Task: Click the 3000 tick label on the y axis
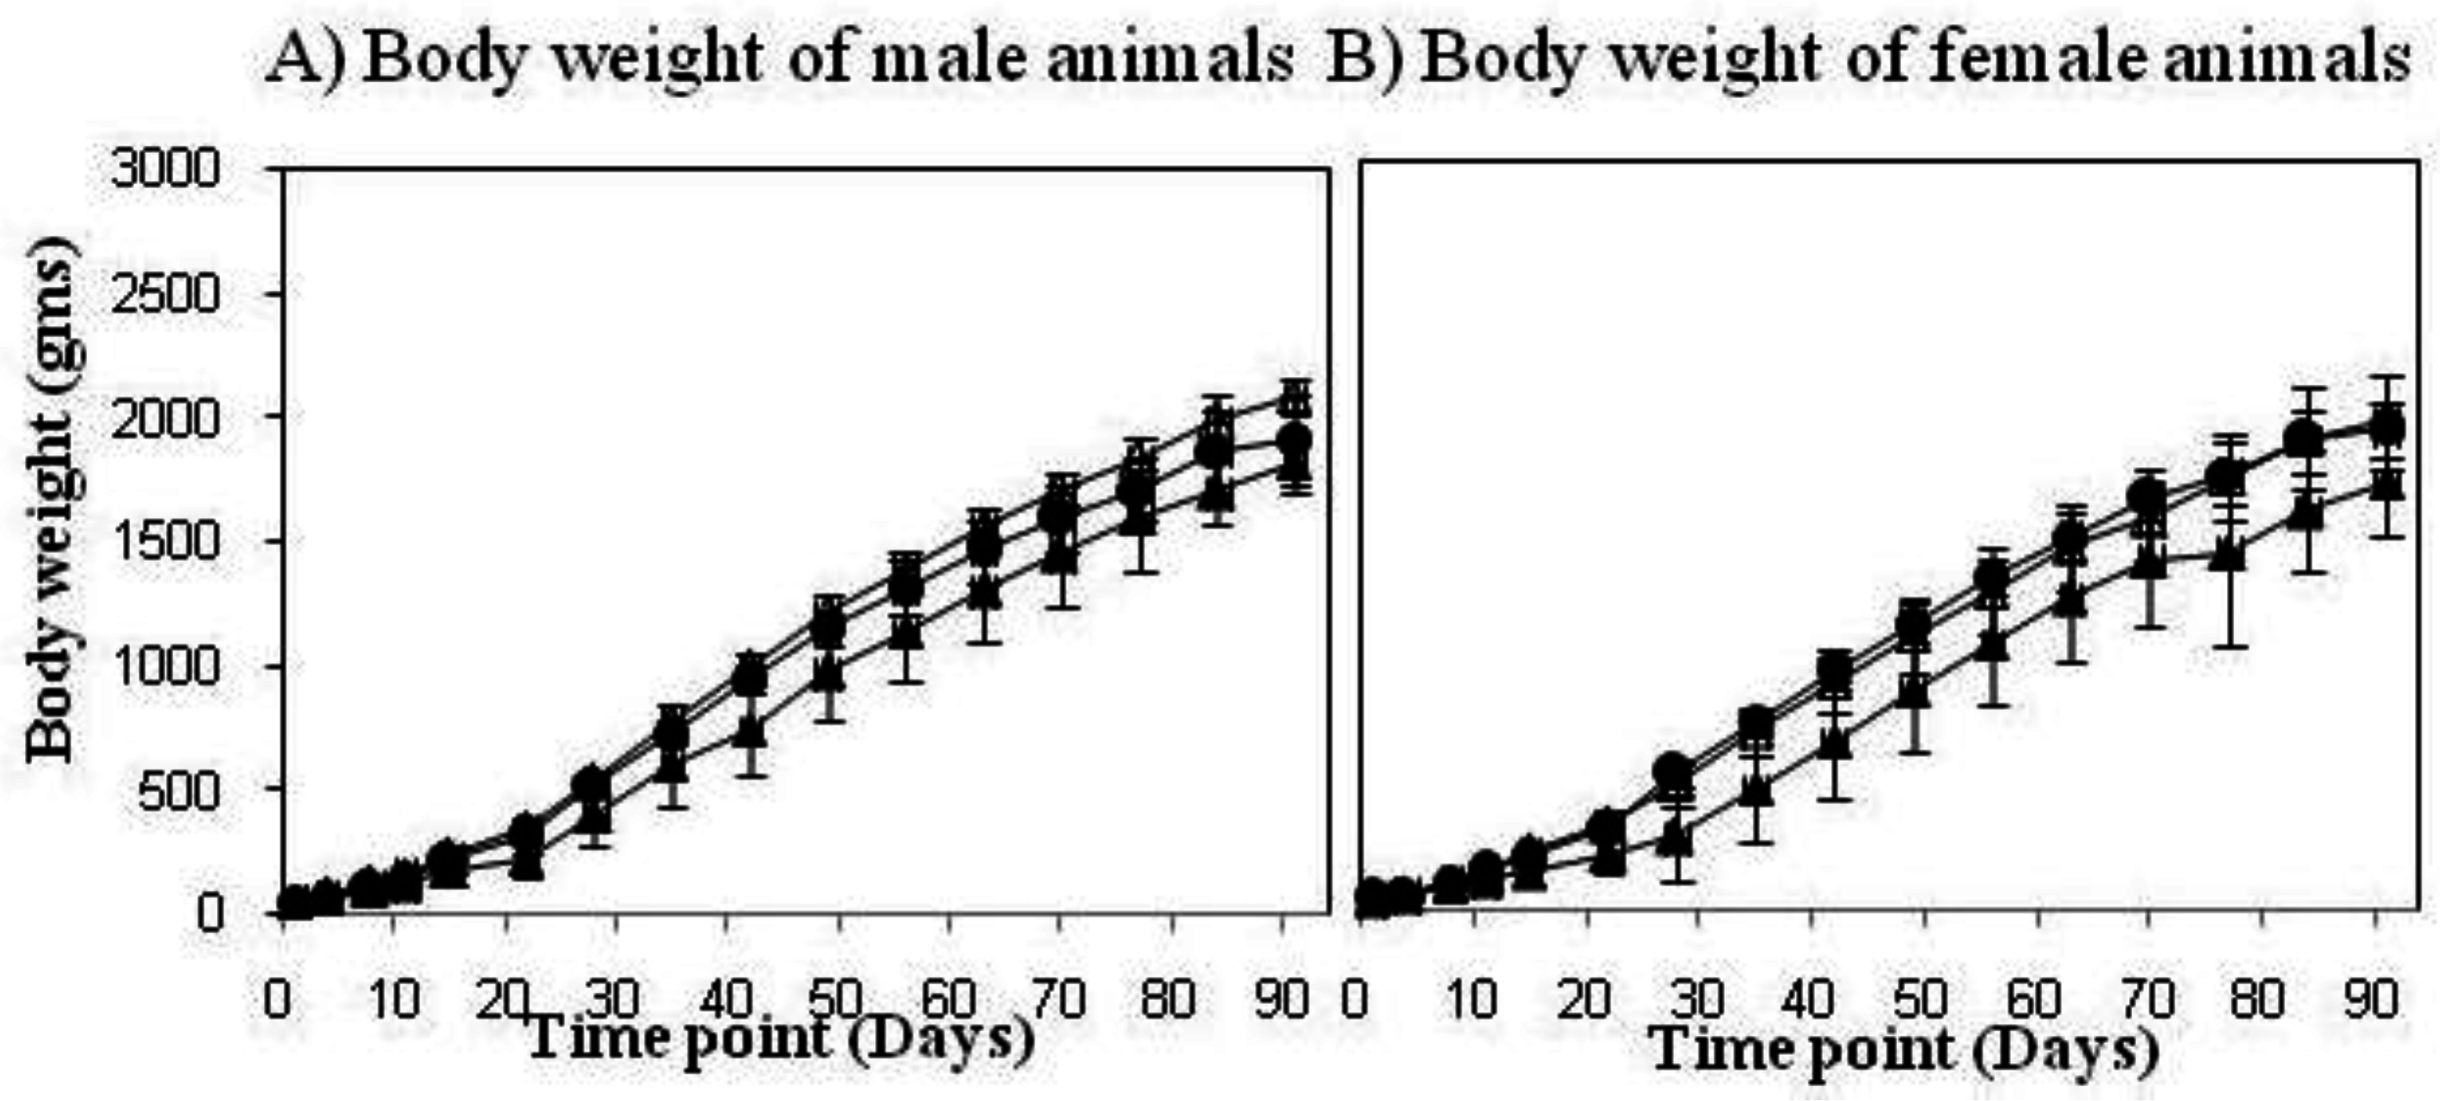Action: tap(166, 171)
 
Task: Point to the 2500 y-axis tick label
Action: tap(166, 295)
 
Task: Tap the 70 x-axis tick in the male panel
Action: tap(1058, 998)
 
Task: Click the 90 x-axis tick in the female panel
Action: tap(2373, 998)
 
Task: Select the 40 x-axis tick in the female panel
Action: tap(1810, 998)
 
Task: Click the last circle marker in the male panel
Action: tap(1294, 440)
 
